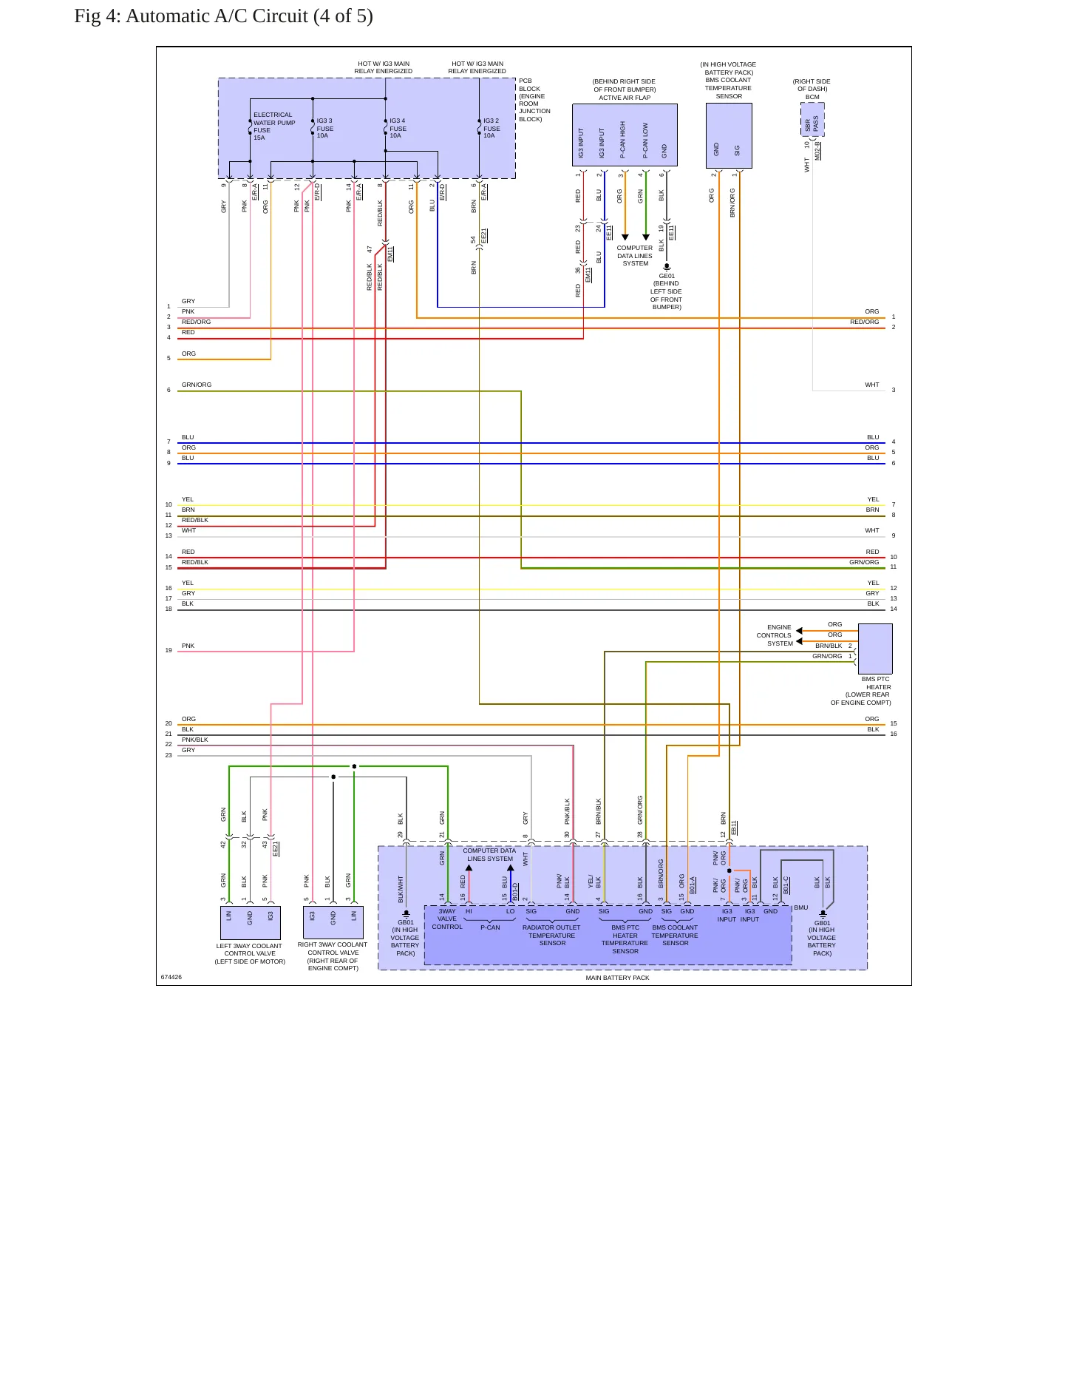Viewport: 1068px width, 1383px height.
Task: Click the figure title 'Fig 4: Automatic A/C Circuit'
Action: click(191, 16)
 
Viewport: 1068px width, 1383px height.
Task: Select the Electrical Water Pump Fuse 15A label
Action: click(274, 126)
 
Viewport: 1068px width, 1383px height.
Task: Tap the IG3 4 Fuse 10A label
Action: click(398, 128)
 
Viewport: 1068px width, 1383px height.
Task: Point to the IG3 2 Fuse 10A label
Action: click(492, 128)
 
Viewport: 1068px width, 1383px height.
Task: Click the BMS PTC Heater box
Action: click(875, 649)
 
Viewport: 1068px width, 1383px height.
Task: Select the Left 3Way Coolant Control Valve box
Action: click(250, 923)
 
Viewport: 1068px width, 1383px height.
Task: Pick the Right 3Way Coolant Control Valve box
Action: click(333, 922)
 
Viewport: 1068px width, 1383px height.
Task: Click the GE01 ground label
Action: click(667, 276)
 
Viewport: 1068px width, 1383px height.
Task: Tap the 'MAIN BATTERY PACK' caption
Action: click(618, 978)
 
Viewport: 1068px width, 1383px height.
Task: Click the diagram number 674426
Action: click(171, 977)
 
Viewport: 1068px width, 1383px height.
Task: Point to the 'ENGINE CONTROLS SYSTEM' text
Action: click(774, 635)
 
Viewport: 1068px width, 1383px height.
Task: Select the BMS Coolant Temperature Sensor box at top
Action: click(729, 135)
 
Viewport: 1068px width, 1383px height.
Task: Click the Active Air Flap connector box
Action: click(625, 135)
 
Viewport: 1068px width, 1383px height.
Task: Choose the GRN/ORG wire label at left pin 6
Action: click(197, 385)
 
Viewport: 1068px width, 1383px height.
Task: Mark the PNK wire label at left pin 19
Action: click(188, 646)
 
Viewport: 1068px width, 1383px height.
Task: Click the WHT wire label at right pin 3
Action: click(872, 385)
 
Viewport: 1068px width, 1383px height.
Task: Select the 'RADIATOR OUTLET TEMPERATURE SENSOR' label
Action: click(552, 936)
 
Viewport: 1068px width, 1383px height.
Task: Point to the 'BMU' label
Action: click(801, 907)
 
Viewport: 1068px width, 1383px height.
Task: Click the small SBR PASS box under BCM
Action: click(812, 120)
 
